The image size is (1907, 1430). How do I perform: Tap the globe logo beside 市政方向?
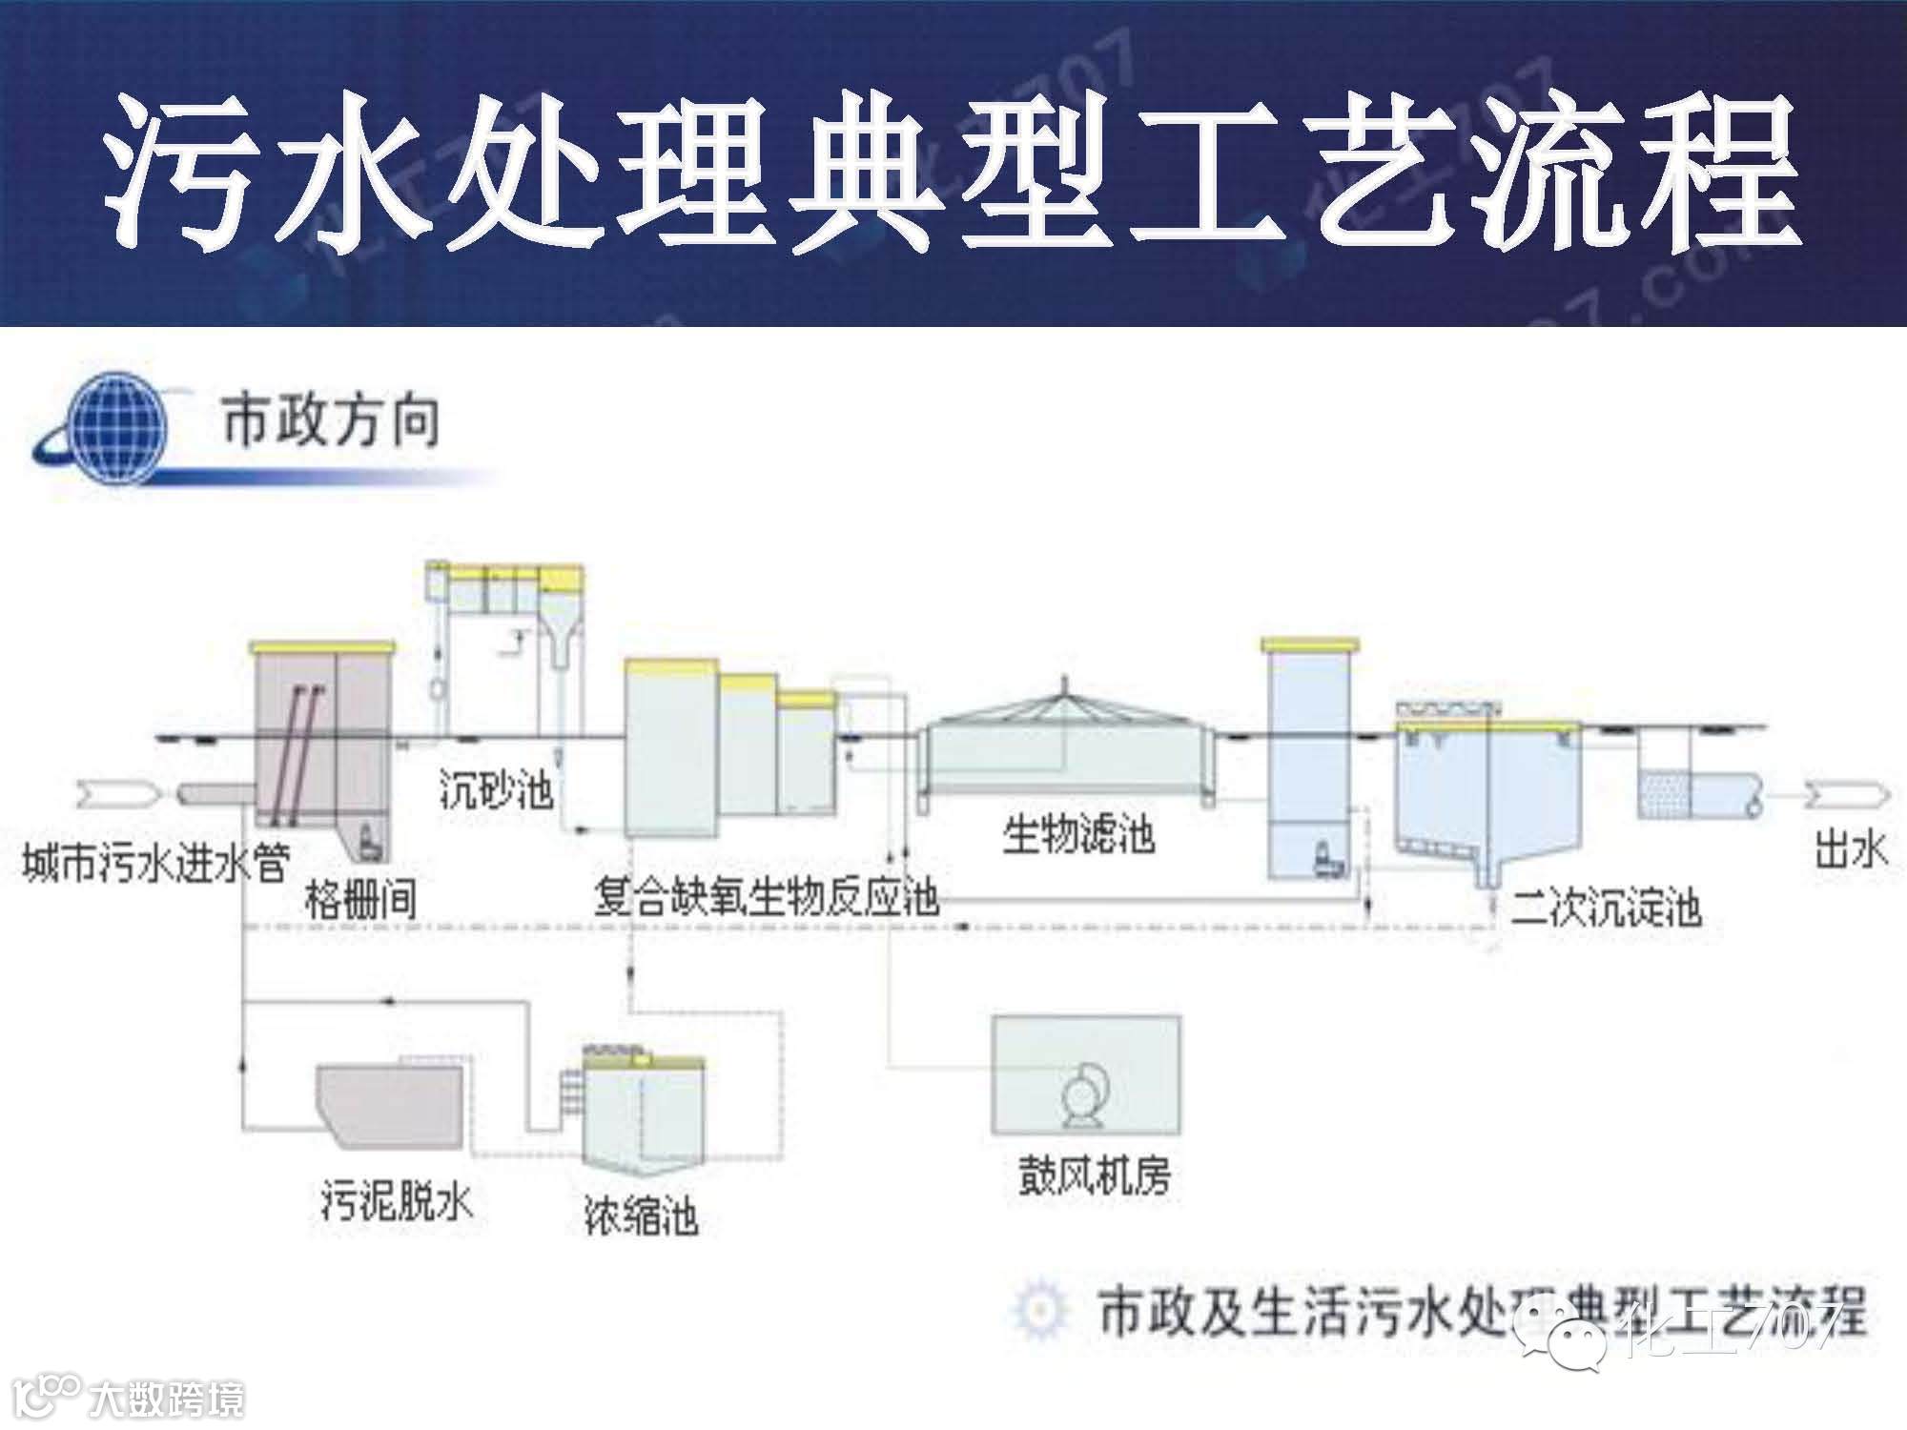(x=113, y=429)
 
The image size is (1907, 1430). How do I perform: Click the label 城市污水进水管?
(x=155, y=865)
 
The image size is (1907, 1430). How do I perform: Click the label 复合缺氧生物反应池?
(x=766, y=897)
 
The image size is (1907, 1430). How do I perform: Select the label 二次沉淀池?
(x=1606, y=907)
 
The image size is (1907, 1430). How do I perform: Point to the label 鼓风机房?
(x=1094, y=1176)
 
